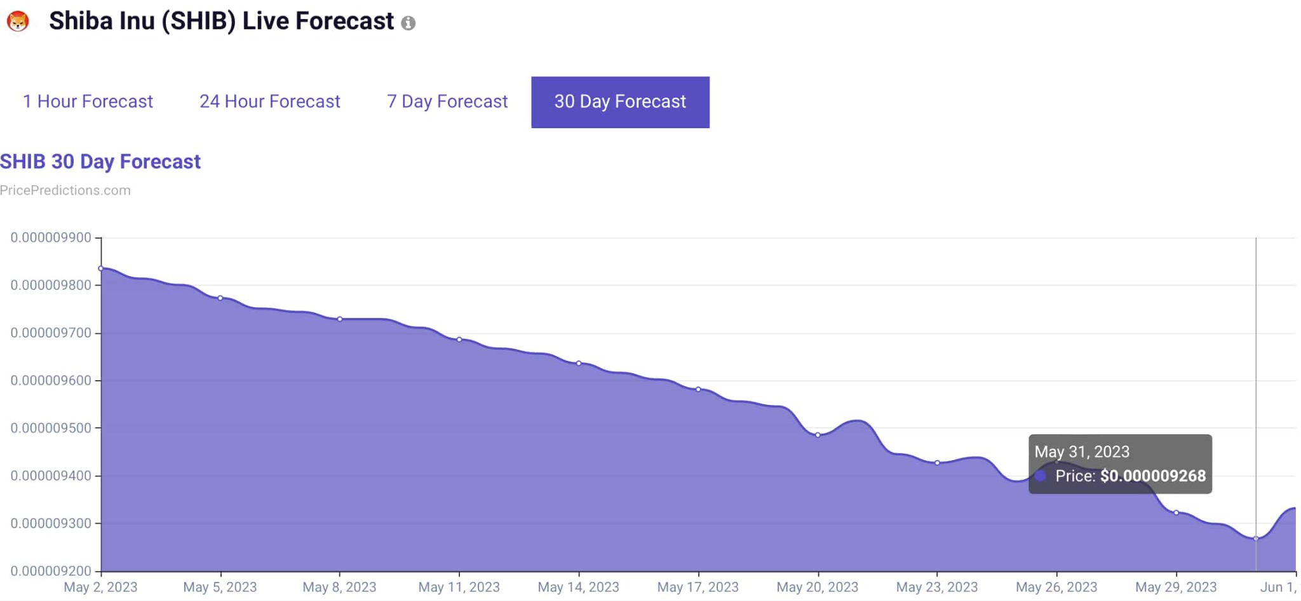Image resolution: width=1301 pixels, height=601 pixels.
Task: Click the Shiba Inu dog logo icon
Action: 18,22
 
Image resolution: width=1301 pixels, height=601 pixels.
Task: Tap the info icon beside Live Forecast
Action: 408,23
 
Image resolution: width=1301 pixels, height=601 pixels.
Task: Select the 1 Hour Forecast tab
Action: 88,102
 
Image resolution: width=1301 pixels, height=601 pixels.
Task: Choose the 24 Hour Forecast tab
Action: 270,102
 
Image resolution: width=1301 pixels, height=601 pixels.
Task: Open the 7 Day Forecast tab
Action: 447,102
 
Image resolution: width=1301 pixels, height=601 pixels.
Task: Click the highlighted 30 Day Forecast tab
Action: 620,102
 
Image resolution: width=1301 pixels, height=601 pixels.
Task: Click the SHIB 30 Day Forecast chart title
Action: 100,162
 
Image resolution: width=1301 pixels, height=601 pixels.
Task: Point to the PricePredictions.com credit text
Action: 65,190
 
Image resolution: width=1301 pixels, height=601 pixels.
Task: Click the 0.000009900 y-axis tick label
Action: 51,237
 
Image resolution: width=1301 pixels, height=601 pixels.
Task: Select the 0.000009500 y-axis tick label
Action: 51,428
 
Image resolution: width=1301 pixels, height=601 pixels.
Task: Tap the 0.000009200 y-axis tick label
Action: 51,571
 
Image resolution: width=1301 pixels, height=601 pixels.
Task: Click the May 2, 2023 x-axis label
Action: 100,587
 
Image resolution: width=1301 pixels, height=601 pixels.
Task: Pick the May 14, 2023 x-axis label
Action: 578,587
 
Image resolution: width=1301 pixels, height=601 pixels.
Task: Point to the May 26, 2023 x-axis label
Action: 1056,587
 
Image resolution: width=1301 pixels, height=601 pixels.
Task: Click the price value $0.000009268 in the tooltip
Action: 1152,476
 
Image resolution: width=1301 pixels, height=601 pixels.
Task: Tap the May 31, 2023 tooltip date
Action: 1082,452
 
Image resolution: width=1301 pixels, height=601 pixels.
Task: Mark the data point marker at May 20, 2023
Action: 818,435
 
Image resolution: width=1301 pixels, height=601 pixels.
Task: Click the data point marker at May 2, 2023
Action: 101,268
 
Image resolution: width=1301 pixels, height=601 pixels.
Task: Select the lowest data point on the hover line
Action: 1256,538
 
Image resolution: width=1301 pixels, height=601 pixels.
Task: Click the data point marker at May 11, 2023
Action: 459,340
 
